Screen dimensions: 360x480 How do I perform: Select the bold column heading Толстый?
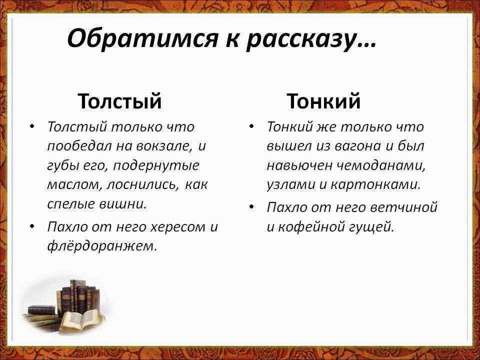tap(119, 101)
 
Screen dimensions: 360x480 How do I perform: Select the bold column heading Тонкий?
tap(323, 101)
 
